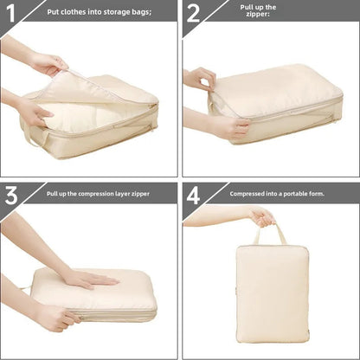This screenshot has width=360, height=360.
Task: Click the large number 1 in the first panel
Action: pos(10,12)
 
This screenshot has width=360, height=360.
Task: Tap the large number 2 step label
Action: pos(193,12)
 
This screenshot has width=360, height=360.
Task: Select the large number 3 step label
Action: pos(11,195)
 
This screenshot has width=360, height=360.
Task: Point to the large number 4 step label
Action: pos(193,195)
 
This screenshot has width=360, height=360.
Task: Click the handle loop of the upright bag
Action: pos(269,234)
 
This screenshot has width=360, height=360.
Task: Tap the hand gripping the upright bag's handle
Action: pos(261,215)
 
